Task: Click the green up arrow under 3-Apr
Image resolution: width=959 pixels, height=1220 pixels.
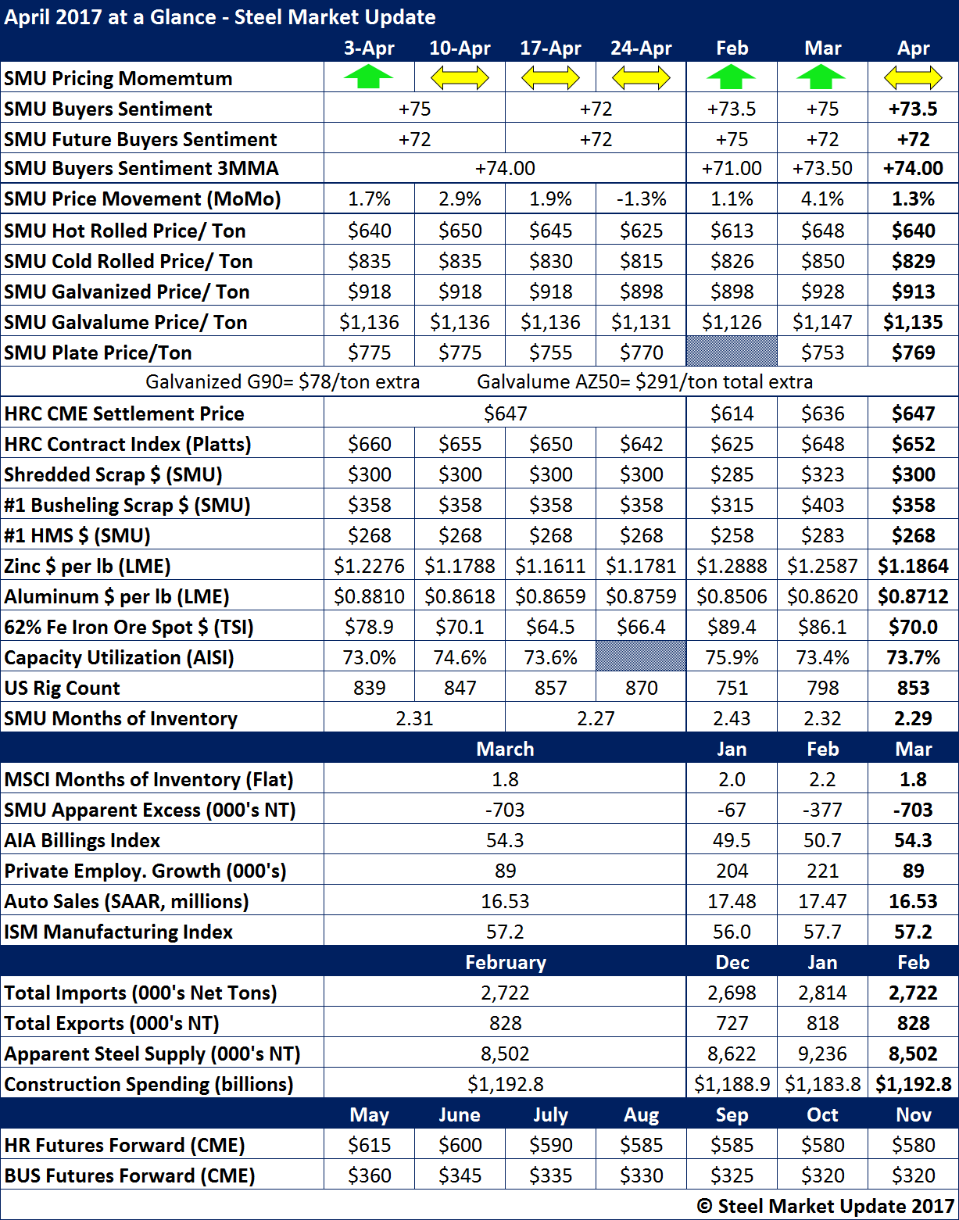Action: (369, 77)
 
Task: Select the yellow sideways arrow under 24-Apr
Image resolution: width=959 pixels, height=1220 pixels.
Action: (641, 77)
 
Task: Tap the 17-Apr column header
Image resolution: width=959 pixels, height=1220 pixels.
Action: (550, 48)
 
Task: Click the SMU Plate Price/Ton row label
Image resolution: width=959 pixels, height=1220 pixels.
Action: (98, 352)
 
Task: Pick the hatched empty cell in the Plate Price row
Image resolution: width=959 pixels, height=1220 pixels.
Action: (732, 352)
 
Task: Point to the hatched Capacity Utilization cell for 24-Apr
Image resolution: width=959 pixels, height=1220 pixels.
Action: (641, 657)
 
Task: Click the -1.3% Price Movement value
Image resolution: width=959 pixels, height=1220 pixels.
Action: (641, 199)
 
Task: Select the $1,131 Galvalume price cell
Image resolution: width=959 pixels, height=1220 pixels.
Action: (641, 322)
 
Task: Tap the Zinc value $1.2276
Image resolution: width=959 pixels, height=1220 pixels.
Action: (369, 566)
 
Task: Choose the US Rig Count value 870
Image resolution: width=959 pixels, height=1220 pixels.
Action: (641, 688)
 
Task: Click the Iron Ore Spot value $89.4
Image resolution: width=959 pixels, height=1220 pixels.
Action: (732, 627)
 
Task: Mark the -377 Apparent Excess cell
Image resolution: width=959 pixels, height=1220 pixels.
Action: (822, 810)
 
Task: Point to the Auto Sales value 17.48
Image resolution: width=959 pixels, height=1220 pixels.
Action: (732, 901)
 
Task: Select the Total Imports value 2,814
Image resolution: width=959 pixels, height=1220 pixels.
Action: (822, 993)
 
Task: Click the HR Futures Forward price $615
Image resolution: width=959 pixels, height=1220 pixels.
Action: (369, 1145)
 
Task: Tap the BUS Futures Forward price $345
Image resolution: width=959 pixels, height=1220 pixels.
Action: (460, 1175)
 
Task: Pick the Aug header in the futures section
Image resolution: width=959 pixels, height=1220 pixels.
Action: (641, 1114)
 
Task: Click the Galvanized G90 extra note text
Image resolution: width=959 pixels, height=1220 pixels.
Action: (283, 382)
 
